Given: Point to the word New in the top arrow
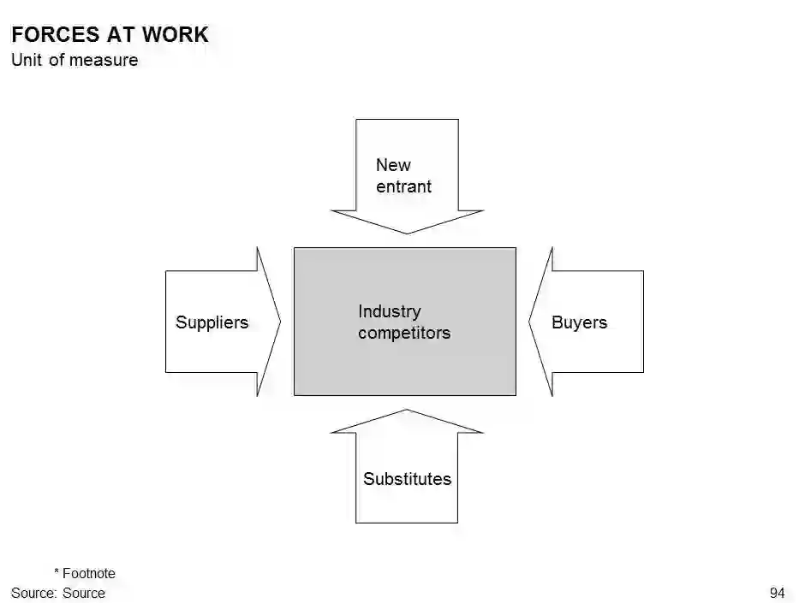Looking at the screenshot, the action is click(x=393, y=165).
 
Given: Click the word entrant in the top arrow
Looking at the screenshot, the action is click(x=403, y=186).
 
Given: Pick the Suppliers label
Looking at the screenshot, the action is click(x=212, y=322).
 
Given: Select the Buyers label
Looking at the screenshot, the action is click(x=579, y=322).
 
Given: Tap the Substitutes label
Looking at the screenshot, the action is click(x=407, y=479).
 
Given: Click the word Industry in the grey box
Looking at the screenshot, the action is click(x=389, y=311).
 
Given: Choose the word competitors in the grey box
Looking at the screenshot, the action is click(x=403, y=333).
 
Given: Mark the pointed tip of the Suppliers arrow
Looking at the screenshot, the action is click(x=280, y=322).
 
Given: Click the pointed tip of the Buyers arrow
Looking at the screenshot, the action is click(x=529, y=322).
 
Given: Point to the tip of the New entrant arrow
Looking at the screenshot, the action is click(x=407, y=233).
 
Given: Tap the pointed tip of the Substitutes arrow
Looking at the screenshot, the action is click(x=407, y=411).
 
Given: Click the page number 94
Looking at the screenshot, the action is click(x=777, y=593).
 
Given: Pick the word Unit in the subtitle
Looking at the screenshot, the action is click(x=27, y=60).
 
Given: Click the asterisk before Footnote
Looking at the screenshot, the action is click(x=57, y=572).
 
